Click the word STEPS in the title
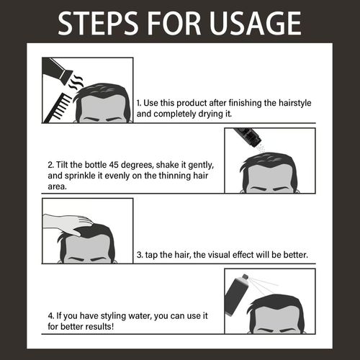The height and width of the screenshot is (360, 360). pos(98,23)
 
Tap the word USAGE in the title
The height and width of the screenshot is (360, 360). pos(255,23)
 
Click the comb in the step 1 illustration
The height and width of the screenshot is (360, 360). pos(58,109)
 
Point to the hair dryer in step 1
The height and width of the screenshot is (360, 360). pos(57,71)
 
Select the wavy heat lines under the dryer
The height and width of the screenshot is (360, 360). pos(76,82)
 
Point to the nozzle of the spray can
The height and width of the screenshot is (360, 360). pos(245,277)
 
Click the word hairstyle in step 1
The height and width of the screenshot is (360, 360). pos(295,103)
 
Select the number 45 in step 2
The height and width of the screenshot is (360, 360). pos(114,165)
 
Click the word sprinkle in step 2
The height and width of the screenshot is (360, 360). pos(80,176)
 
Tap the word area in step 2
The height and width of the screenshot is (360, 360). pos(57,186)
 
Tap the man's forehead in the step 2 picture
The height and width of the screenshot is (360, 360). pos(270,175)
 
